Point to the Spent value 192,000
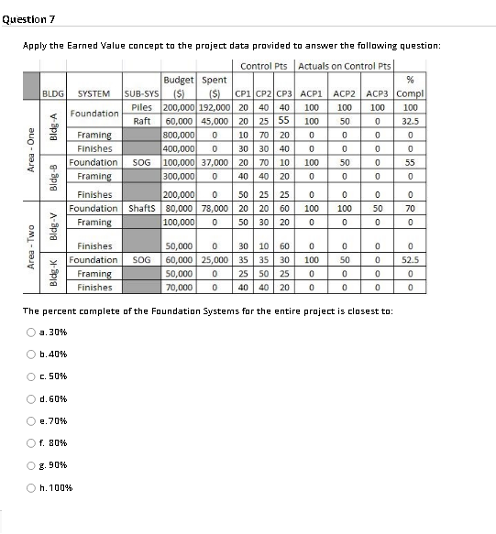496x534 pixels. point(214,107)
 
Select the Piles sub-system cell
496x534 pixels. point(141,107)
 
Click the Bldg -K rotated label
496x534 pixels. point(53,274)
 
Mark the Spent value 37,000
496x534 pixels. point(214,161)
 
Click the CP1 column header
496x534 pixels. point(243,93)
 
